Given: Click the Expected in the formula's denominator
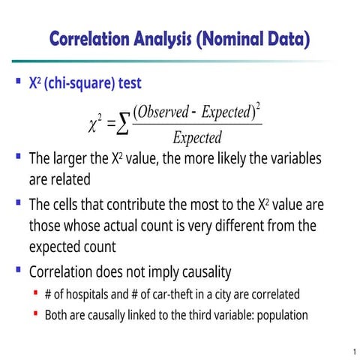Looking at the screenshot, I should pos(197,137).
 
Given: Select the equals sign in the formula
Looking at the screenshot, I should pos(110,124).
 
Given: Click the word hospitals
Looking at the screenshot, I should pos(82,294).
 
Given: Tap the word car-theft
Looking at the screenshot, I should pos(163,294).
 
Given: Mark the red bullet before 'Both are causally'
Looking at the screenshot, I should pos(34,313).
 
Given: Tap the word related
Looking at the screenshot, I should pos(70,180).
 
